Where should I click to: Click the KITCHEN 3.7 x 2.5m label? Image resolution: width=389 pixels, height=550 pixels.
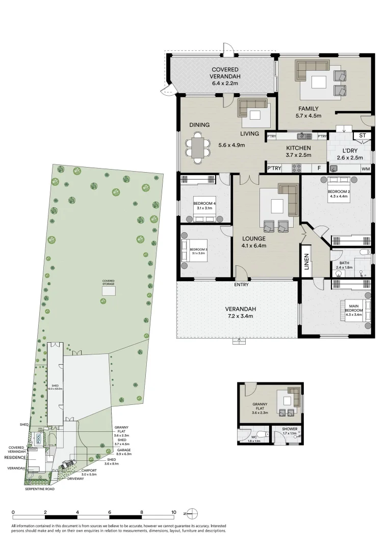298,152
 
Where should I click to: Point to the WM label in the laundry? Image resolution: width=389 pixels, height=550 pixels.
366,169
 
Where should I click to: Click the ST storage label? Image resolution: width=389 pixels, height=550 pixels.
362,135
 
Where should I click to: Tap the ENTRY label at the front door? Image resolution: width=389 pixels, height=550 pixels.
241,285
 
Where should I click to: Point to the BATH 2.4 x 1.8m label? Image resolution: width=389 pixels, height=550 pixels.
344,264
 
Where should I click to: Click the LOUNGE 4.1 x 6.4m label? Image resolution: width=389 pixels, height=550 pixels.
254,242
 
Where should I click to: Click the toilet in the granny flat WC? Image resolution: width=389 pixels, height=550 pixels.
261,434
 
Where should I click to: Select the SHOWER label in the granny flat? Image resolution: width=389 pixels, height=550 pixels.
290,429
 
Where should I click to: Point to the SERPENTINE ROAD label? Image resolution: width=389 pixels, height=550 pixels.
39,489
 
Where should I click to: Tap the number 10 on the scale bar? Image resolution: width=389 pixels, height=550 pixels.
173,513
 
